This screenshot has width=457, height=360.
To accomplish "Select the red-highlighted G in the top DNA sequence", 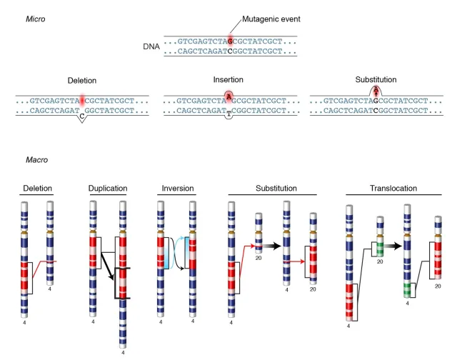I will point(230,41).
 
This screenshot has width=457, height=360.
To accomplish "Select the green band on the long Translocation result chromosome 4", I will point(407,291).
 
